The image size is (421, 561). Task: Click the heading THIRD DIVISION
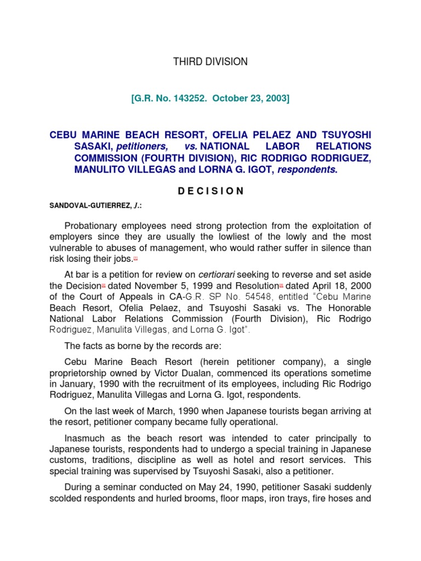(210, 62)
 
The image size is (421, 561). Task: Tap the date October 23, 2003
(249, 98)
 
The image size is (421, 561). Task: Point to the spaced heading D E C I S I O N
(210, 191)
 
